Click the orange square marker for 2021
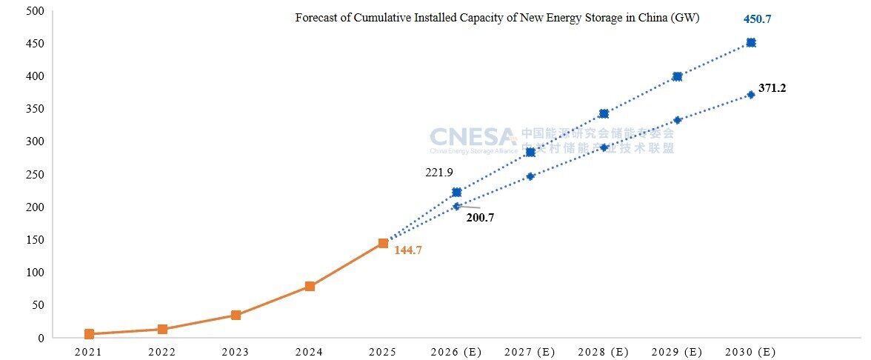[x=89, y=334]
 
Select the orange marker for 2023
[x=236, y=315]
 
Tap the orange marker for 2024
[x=310, y=286]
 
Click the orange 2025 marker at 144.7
[x=383, y=243]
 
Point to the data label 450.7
[x=758, y=19]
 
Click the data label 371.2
[x=772, y=88]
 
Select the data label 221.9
[x=438, y=173]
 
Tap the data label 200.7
[x=480, y=218]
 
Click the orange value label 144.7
[x=407, y=250]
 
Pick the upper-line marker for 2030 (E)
[x=751, y=43]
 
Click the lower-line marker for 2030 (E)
[x=751, y=95]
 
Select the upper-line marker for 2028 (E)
[x=604, y=113]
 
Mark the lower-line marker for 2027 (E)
[x=530, y=176]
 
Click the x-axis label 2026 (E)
[x=456, y=352]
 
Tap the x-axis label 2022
[x=162, y=352]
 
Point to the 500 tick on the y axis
[x=34, y=11]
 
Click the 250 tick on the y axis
[x=34, y=175]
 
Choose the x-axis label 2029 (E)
[x=677, y=352]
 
